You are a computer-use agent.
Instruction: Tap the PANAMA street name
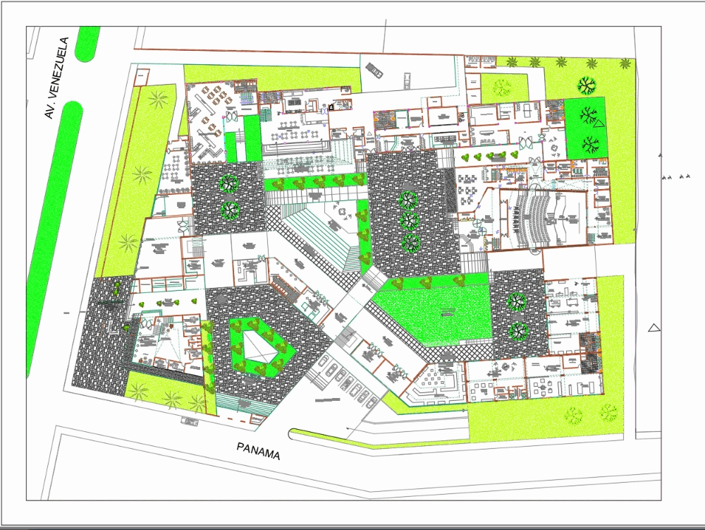coord(258,450)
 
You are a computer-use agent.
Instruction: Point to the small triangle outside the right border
coord(654,327)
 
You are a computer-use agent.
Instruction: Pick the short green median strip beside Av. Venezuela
coord(88,44)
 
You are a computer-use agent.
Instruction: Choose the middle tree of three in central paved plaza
coord(409,221)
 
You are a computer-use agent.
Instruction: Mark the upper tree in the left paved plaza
coord(229,183)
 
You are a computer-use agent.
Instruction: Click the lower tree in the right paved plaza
coord(519,330)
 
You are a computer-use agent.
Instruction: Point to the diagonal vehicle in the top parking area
coord(374,70)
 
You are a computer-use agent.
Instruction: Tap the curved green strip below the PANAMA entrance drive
coord(374,441)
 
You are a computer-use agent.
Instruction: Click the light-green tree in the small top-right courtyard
coord(502,88)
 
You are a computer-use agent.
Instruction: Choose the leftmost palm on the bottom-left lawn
coord(140,390)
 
